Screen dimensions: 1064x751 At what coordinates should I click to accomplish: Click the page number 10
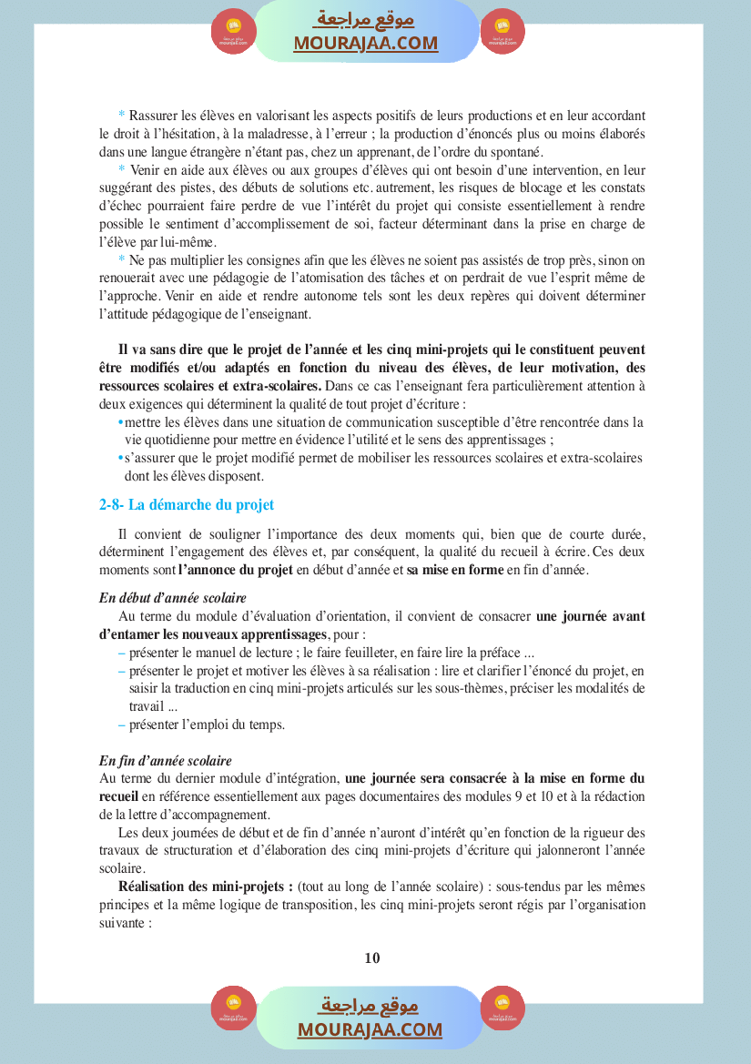[371, 958]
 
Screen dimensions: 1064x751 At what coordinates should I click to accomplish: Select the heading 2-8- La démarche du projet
[187, 504]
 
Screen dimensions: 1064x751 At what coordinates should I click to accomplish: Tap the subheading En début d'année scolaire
[173, 598]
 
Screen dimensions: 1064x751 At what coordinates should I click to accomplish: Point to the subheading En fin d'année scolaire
[166, 760]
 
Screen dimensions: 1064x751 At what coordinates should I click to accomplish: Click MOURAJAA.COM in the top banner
[366, 43]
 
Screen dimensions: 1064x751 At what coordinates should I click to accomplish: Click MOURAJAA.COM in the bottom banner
[370, 1029]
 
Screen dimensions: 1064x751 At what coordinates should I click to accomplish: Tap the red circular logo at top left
[234, 32]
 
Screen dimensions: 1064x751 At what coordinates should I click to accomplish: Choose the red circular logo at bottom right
[502, 1008]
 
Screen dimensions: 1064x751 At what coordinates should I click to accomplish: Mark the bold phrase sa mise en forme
[454, 571]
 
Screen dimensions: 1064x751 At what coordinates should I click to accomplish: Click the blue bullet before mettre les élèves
[120, 422]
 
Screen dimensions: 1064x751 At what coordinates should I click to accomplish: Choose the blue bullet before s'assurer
[120, 458]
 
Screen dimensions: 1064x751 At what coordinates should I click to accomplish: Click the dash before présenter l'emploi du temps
[122, 725]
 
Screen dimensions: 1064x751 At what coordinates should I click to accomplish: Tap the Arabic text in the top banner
[365, 19]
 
